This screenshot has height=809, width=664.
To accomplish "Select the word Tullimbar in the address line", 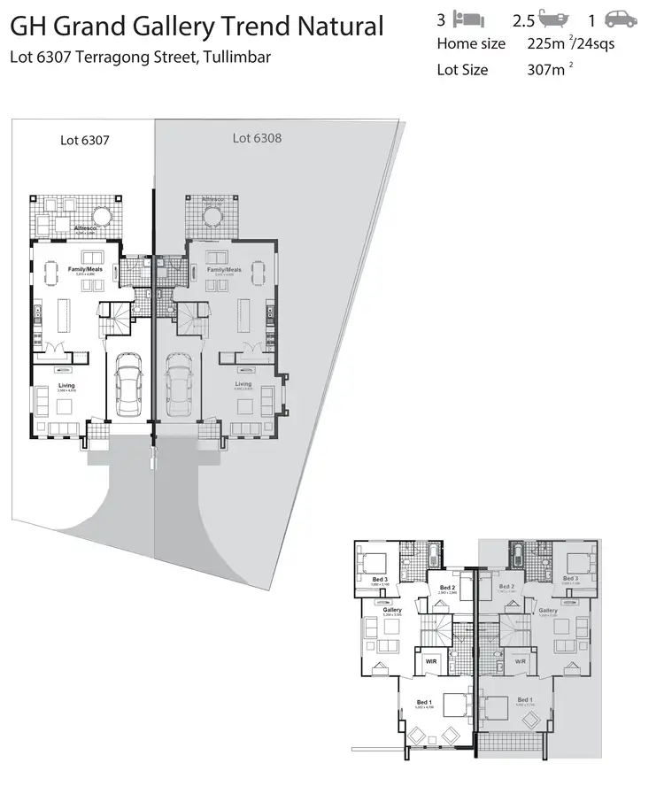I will (236, 58).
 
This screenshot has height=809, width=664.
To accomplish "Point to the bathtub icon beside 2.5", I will (553, 19).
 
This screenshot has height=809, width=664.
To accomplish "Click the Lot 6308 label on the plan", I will (257, 137).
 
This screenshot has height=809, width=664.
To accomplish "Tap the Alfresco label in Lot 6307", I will (85, 228).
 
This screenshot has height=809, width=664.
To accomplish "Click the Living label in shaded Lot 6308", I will (243, 384).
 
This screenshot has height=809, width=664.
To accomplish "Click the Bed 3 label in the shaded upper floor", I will (571, 578).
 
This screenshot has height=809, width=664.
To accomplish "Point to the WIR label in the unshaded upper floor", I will (430, 660).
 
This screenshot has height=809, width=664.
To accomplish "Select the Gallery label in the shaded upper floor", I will (547, 611).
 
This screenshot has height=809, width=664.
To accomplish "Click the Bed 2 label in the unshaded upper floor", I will (447, 587).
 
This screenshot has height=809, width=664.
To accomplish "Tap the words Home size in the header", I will (471, 43).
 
